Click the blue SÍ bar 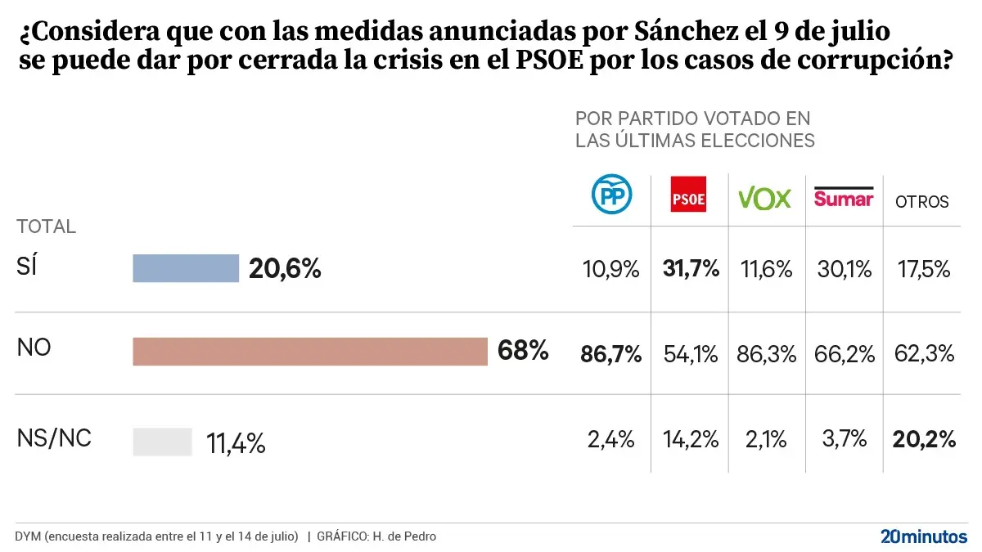coord(186,268)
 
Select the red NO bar coord(310,352)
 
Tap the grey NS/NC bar coord(162,442)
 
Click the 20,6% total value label coord(285,268)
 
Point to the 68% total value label coord(523,352)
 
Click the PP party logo coord(611,194)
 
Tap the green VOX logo coord(764,197)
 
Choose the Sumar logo coord(844,196)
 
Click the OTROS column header coord(921,201)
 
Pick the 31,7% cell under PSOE coord(689,269)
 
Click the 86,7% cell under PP coord(611,354)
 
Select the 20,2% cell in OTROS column coord(922,440)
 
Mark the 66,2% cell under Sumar coord(844,354)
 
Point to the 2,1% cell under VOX coord(765,440)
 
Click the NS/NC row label coord(54,438)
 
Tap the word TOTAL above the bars coord(47,227)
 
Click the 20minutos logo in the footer coord(923,536)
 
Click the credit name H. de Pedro coord(403,536)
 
